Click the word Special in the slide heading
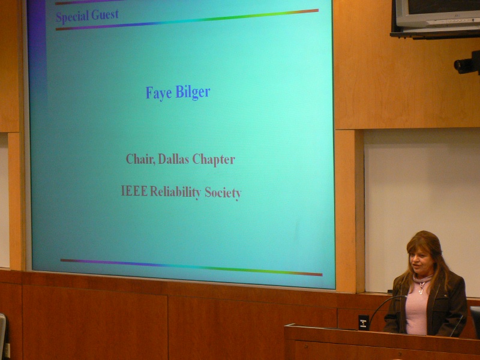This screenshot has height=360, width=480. pyautogui.click(x=73, y=16)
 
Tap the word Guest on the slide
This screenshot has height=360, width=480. pyautogui.click(x=105, y=14)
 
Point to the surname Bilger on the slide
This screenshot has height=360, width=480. pyautogui.click(x=193, y=92)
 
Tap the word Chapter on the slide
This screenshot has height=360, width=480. pyautogui.click(x=214, y=160)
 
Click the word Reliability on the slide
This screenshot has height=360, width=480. pyautogui.click(x=175, y=192)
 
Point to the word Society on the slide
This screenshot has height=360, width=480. pyautogui.click(x=223, y=193)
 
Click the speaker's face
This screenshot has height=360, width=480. pyautogui.click(x=421, y=261)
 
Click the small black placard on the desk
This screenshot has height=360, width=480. pyautogui.click(x=364, y=322)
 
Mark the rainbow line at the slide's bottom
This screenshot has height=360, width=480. pyautogui.click(x=191, y=267)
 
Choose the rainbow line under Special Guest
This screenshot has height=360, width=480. pyautogui.click(x=187, y=20)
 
